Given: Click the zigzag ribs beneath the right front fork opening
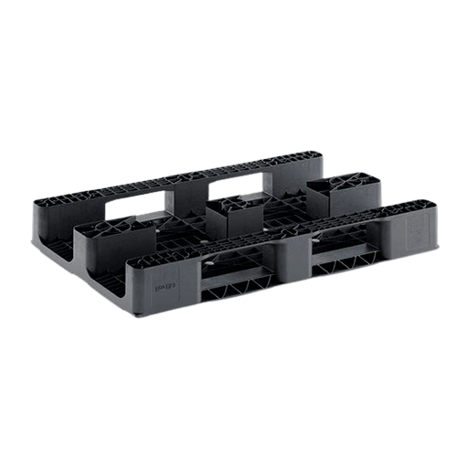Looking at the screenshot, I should [344, 267].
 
